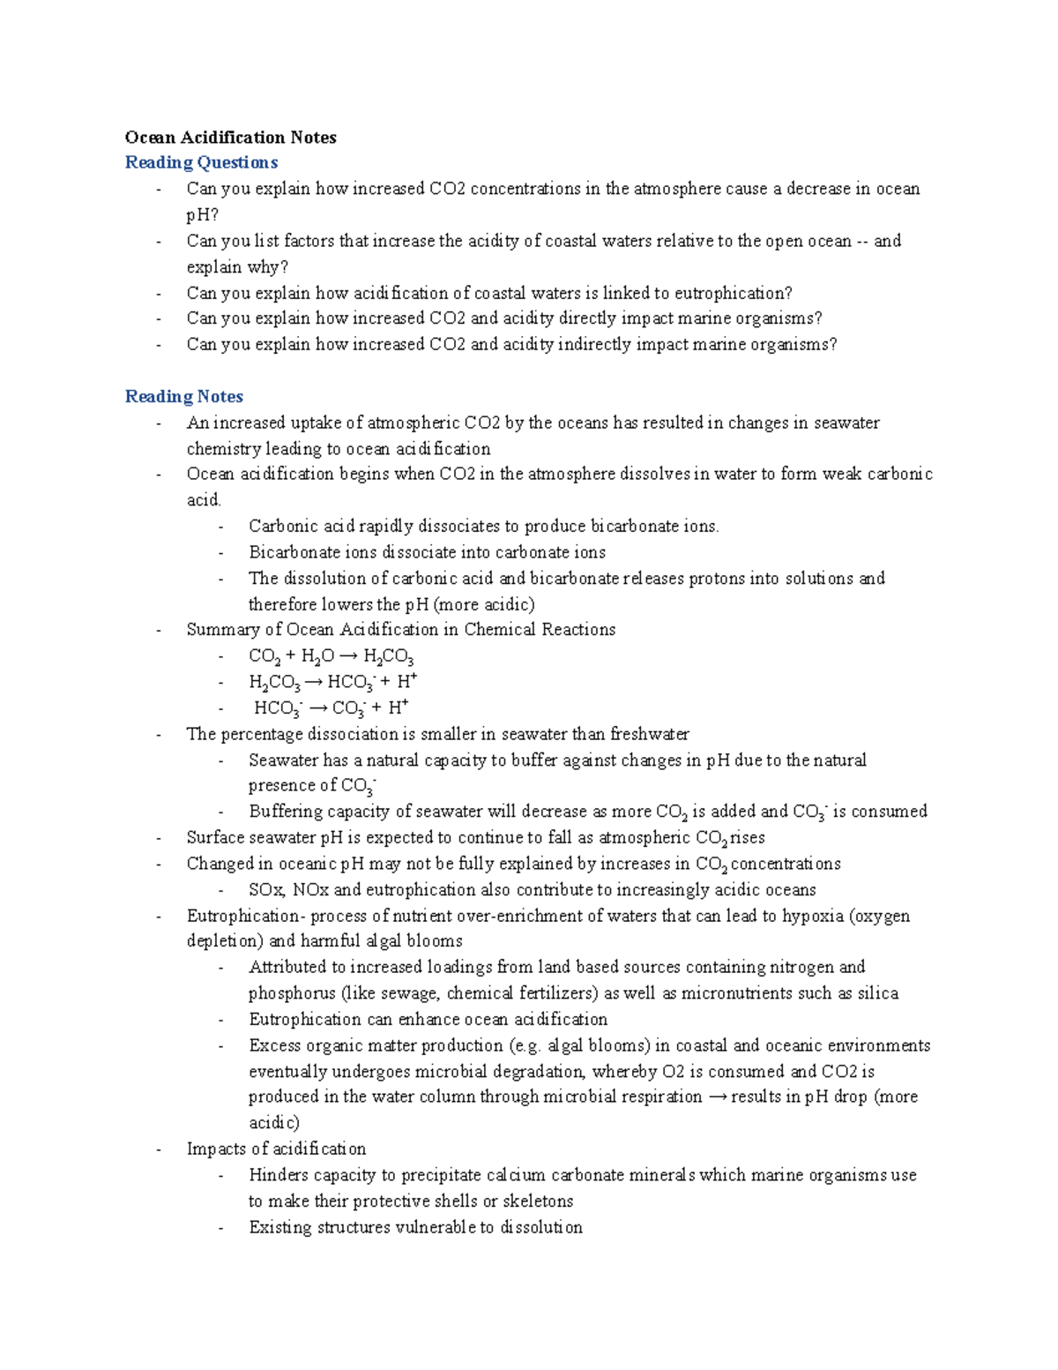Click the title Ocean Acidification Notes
[x=230, y=137]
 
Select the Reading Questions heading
[x=201, y=162]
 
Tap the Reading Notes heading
[x=183, y=396]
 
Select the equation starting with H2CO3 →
[x=332, y=682]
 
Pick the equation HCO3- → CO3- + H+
[x=331, y=707]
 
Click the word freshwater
[x=649, y=734]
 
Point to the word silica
[x=877, y=993]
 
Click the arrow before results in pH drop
[x=718, y=1097]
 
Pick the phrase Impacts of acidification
[x=276, y=1149]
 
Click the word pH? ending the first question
[x=202, y=214]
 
